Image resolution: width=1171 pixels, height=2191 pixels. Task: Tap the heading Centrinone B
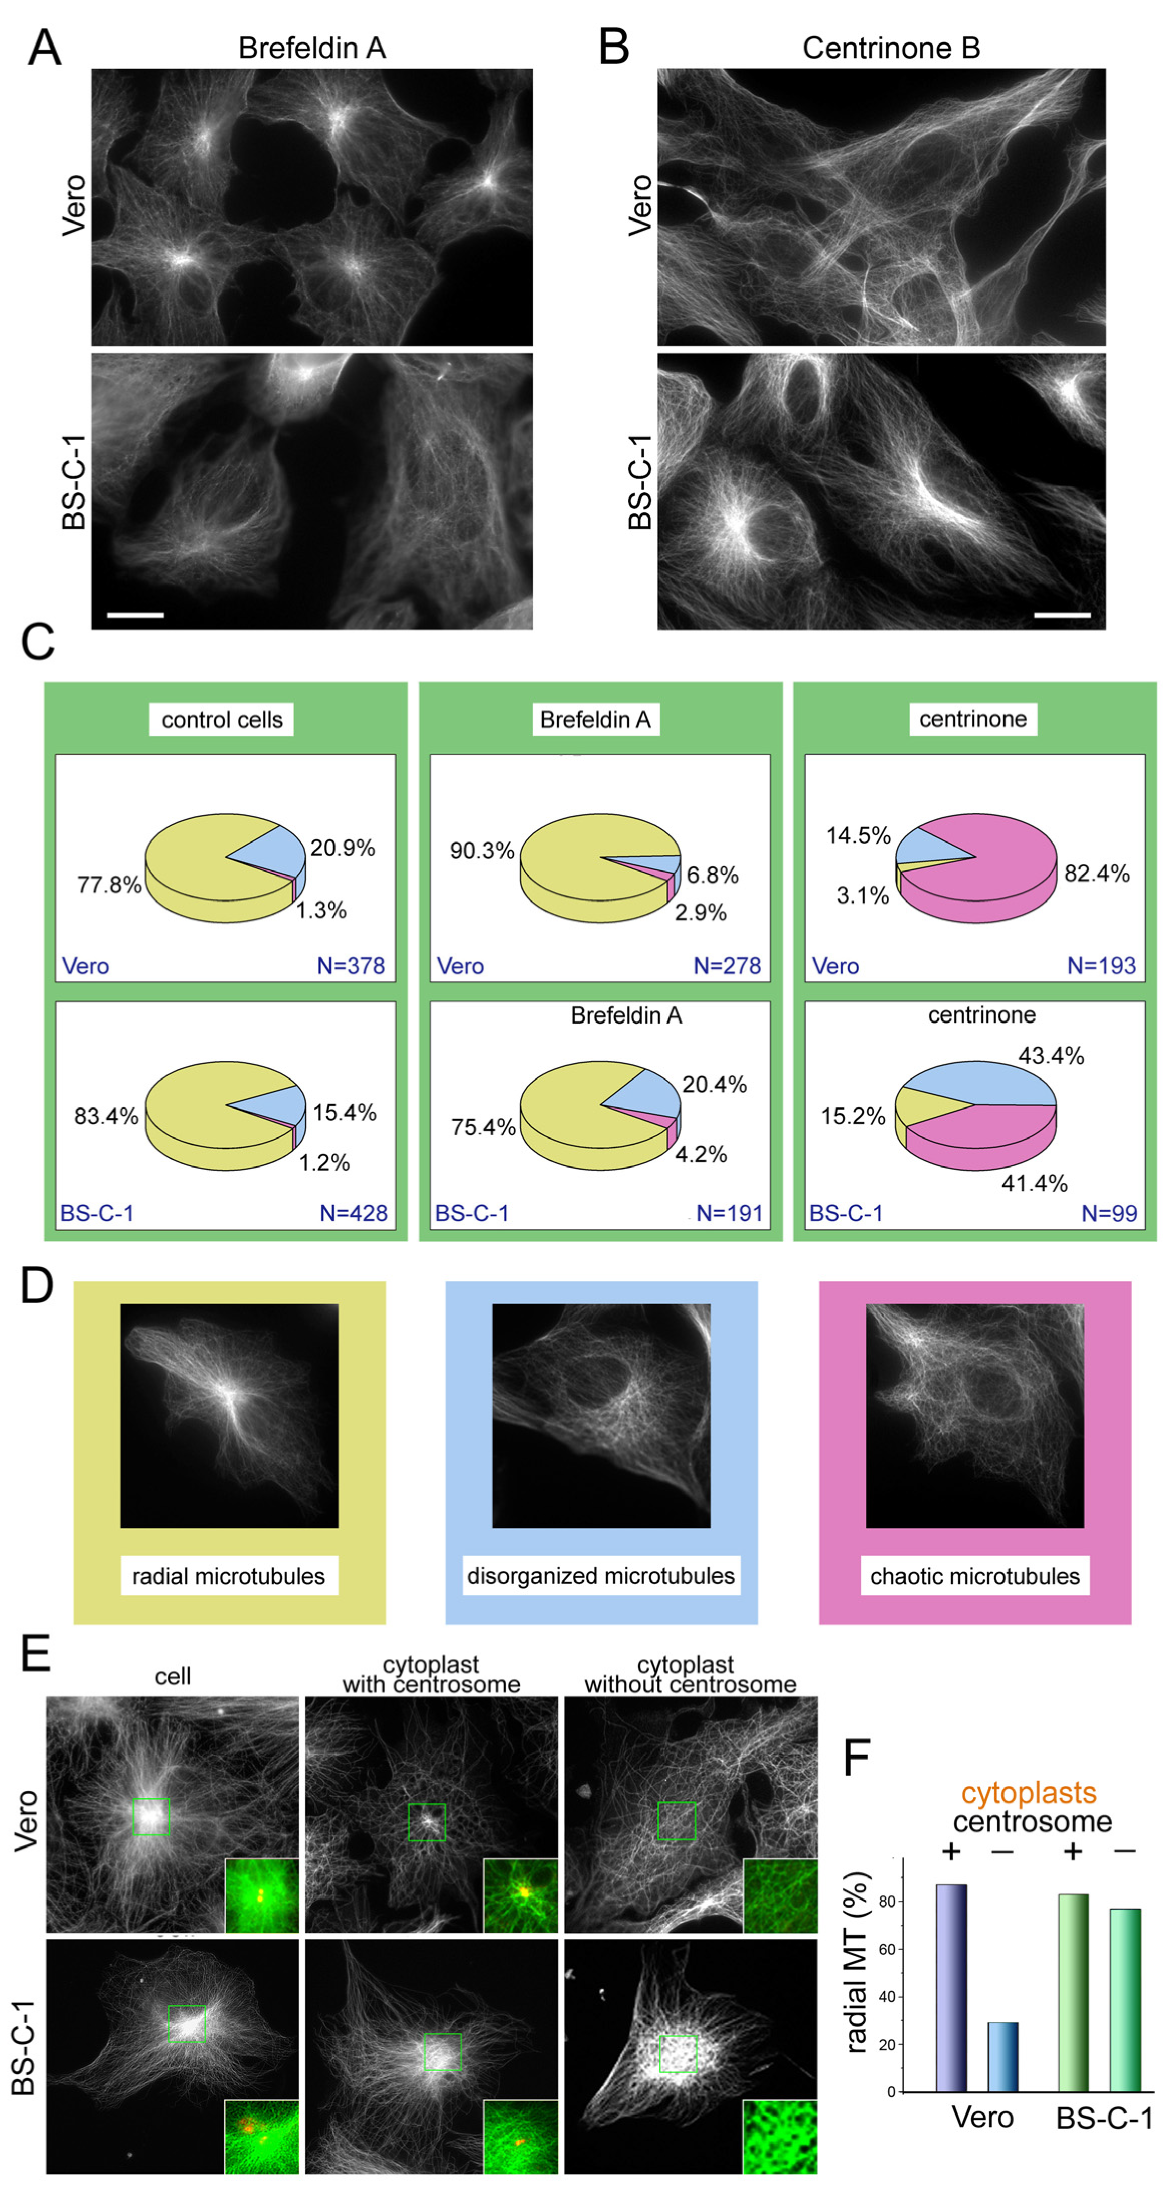pos(890,48)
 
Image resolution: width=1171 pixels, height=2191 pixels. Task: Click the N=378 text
pos(351,966)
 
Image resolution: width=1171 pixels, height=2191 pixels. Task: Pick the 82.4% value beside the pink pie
pos(1096,873)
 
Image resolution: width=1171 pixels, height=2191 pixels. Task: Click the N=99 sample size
pos(1109,1214)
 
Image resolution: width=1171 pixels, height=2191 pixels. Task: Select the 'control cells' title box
pos(222,719)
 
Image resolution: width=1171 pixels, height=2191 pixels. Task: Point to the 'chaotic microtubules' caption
pos(974,1576)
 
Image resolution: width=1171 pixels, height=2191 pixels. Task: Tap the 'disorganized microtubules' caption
pos(600,1576)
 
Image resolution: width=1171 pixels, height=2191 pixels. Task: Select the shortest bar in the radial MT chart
pos(1002,2057)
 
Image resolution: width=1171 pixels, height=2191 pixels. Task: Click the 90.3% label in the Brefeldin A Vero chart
pos(482,850)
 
